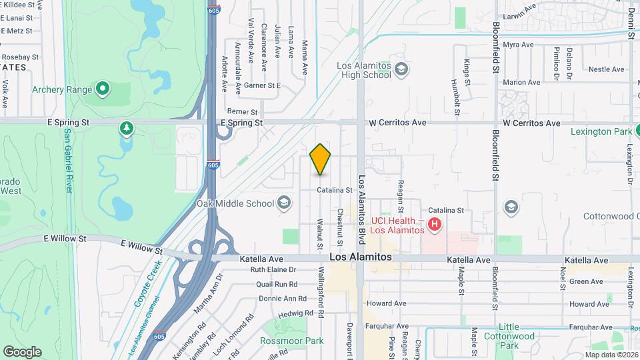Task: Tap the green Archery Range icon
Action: [102, 87]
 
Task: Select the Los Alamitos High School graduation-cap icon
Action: [401, 69]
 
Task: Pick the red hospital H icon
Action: [435, 224]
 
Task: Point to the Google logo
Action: [22, 351]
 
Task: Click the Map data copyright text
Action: [611, 355]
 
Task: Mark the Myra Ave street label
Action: [518, 45]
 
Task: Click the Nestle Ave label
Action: [606, 69]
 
